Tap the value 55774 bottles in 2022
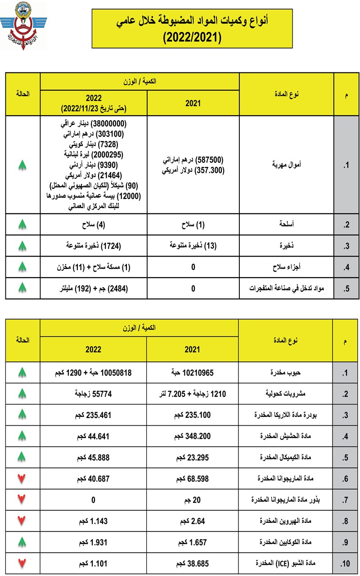(94, 394)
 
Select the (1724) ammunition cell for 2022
(94, 246)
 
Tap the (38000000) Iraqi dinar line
(94, 123)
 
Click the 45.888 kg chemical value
(94, 457)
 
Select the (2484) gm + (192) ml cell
(94, 288)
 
